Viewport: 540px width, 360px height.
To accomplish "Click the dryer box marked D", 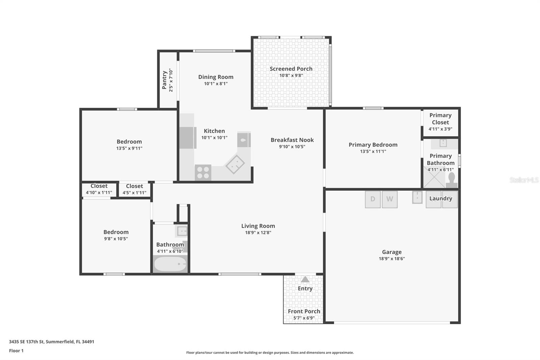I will click(373, 199).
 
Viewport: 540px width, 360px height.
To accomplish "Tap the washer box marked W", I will click(389, 199).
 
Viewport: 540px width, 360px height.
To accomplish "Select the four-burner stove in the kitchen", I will click(203, 173).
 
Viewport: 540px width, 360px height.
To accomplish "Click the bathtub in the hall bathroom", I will click(170, 264).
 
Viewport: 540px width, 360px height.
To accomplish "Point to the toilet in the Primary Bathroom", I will click(452, 180).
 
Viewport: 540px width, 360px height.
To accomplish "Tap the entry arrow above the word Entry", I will click(305, 280).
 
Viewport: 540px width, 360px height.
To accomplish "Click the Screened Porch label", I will click(291, 69).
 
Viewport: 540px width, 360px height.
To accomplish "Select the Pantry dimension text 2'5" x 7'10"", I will click(171, 80).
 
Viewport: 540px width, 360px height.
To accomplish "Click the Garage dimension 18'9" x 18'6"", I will click(391, 259).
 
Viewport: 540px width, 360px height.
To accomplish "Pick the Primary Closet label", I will click(440, 119).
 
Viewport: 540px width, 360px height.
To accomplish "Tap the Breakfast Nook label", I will click(292, 140).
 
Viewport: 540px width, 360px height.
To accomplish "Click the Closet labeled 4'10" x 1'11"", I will click(99, 189).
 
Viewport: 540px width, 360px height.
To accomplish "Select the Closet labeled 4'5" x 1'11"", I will click(134, 189).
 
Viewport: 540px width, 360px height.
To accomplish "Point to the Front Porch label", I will click(304, 311).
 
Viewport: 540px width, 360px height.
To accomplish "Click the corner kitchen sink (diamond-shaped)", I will click(235, 164).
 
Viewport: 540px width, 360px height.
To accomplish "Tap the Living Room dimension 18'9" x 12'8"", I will click(258, 232).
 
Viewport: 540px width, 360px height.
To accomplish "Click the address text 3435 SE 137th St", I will click(51, 341).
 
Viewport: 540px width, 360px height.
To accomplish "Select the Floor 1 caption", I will click(16, 351).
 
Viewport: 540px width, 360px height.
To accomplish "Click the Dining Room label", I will click(216, 77).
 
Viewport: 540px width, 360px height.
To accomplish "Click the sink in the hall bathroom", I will click(182, 231).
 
